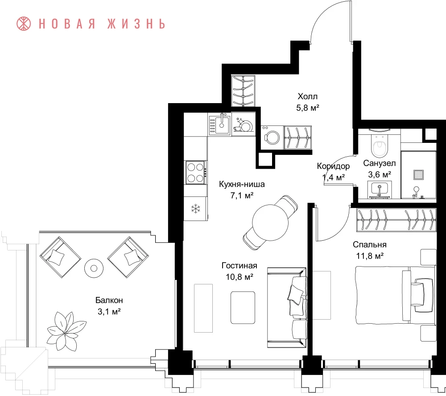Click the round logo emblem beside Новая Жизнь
(x=24, y=24)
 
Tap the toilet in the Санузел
(x=380, y=146)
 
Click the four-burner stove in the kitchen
(x=196, y=172)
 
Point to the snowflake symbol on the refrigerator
(x=196, y=208)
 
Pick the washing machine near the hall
(x=272, y=138)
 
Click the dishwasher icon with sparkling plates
(x=243, y=125)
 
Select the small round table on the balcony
(x=94, y=268)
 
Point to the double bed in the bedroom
(x=396, y=295)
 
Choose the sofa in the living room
(x=287, y=308)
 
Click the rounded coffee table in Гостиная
(x=243, y=308)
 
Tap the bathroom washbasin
(x=380, y=189)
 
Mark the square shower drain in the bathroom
(x=418, y=175)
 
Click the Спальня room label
(x=369, y=245)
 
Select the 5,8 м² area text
(x=307, y=108)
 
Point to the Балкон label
(x=109, y=300)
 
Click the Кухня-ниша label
(x=242, y=184)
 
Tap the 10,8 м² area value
(x=240, y=277)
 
